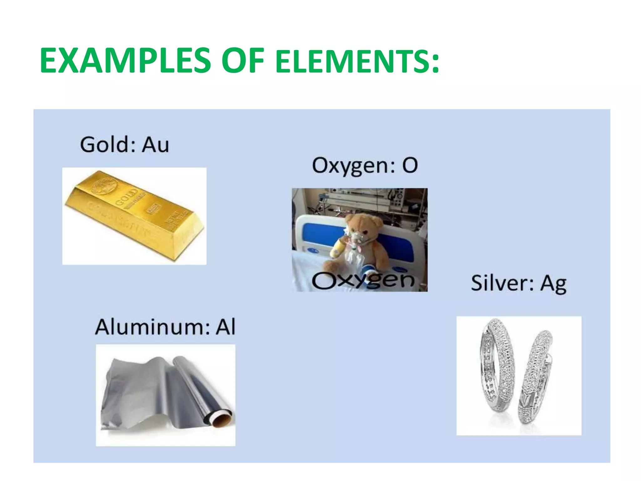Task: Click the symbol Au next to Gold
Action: (x=155, y=145)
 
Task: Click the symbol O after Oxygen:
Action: (x=410, y=165)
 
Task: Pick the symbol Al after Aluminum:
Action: (x=225, y=327)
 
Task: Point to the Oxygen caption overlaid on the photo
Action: (x=363, y=280)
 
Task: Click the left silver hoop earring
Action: (x=498, y=366)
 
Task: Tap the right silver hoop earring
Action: (x=535, y=376)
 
